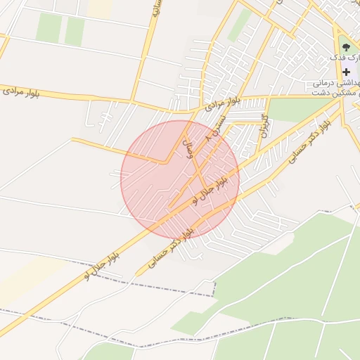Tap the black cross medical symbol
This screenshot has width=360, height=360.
tap(347, 72)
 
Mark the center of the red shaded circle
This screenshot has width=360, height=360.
tap(180, 180)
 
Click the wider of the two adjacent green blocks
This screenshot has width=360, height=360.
tap(49, 27)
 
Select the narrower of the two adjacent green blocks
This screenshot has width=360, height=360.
tap(75, 32)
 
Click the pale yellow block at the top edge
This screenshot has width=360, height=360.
tap(101, 8)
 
